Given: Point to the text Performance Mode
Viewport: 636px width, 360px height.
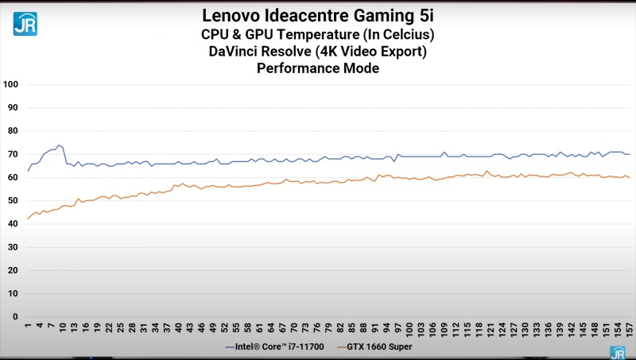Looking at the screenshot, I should point(318,68).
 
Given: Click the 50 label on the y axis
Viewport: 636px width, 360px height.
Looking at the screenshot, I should point(13,201).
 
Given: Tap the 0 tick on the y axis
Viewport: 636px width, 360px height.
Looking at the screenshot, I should point(16,317).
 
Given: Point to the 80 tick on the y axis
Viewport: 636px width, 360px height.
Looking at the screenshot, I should point(13,131).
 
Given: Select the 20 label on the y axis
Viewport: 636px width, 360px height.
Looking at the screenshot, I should point(13,270).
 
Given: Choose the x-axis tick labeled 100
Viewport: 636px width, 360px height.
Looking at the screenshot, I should point(409,328).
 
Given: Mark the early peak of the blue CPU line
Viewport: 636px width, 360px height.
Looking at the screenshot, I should point(59,145).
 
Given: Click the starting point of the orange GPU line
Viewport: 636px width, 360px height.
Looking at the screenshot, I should point(28,219).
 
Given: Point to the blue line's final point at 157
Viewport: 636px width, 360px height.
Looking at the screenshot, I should point(629,154).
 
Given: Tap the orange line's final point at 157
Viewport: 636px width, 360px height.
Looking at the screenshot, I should point(629,177).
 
